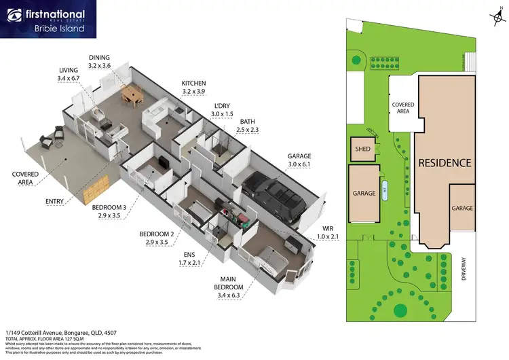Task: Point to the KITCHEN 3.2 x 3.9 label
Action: tap(193, 87)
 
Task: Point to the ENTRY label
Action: tap(56, 202)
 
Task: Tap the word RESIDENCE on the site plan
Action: tap(444, 163)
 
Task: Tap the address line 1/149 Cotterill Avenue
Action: tap(56, 333)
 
